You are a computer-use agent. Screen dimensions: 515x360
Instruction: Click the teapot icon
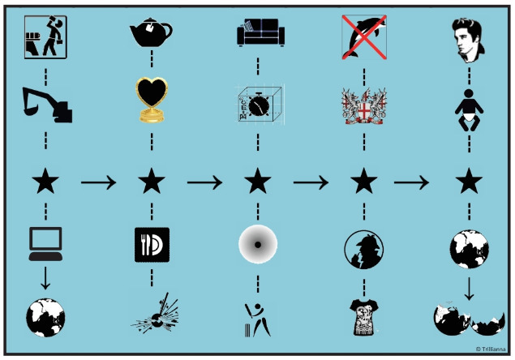tap(151, 33)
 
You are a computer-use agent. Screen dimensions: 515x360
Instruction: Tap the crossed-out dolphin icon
tap(363, 37)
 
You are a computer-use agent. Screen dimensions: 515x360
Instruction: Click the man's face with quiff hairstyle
tap(469, 37)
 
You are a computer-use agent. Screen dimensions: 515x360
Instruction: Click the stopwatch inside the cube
tap(258, 105)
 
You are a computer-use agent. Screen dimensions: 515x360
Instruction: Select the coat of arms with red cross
tap(363, 105)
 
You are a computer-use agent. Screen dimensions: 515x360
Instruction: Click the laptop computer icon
tap(45, 244)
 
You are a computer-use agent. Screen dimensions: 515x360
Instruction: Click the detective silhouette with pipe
tap(363, 246)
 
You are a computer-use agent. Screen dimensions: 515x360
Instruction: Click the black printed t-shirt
tap(363, 317)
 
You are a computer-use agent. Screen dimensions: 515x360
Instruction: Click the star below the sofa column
tap(258, 182)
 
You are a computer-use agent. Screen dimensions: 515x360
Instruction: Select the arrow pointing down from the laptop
tap(45, 279)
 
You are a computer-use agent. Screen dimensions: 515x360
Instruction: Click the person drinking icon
tap(45, 37)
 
